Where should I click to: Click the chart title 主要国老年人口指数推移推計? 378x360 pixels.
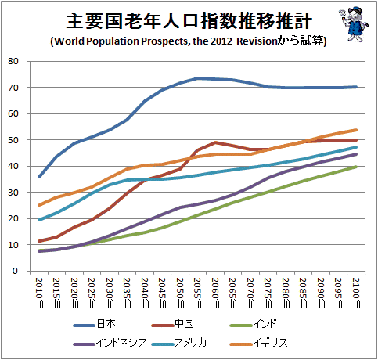click(189, 21)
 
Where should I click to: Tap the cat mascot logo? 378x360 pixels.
click(354, 24)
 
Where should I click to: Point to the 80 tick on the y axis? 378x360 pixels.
click(13, 61)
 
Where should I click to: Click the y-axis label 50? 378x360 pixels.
click(13, 140)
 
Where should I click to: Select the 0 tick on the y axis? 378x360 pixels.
click(15, 271)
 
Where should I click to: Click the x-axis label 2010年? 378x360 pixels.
click(39, 293)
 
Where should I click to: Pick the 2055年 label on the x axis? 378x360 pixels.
click(197, 293)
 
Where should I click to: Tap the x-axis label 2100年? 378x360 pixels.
click(356, 293)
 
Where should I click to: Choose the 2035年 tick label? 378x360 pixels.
click(127, 293)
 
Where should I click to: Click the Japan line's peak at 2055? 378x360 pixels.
click(197, 78)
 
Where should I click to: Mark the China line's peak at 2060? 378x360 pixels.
click(215, 142)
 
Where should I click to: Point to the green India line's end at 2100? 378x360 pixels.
click(356, 167)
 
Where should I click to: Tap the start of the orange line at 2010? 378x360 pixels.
click(39, 205)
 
